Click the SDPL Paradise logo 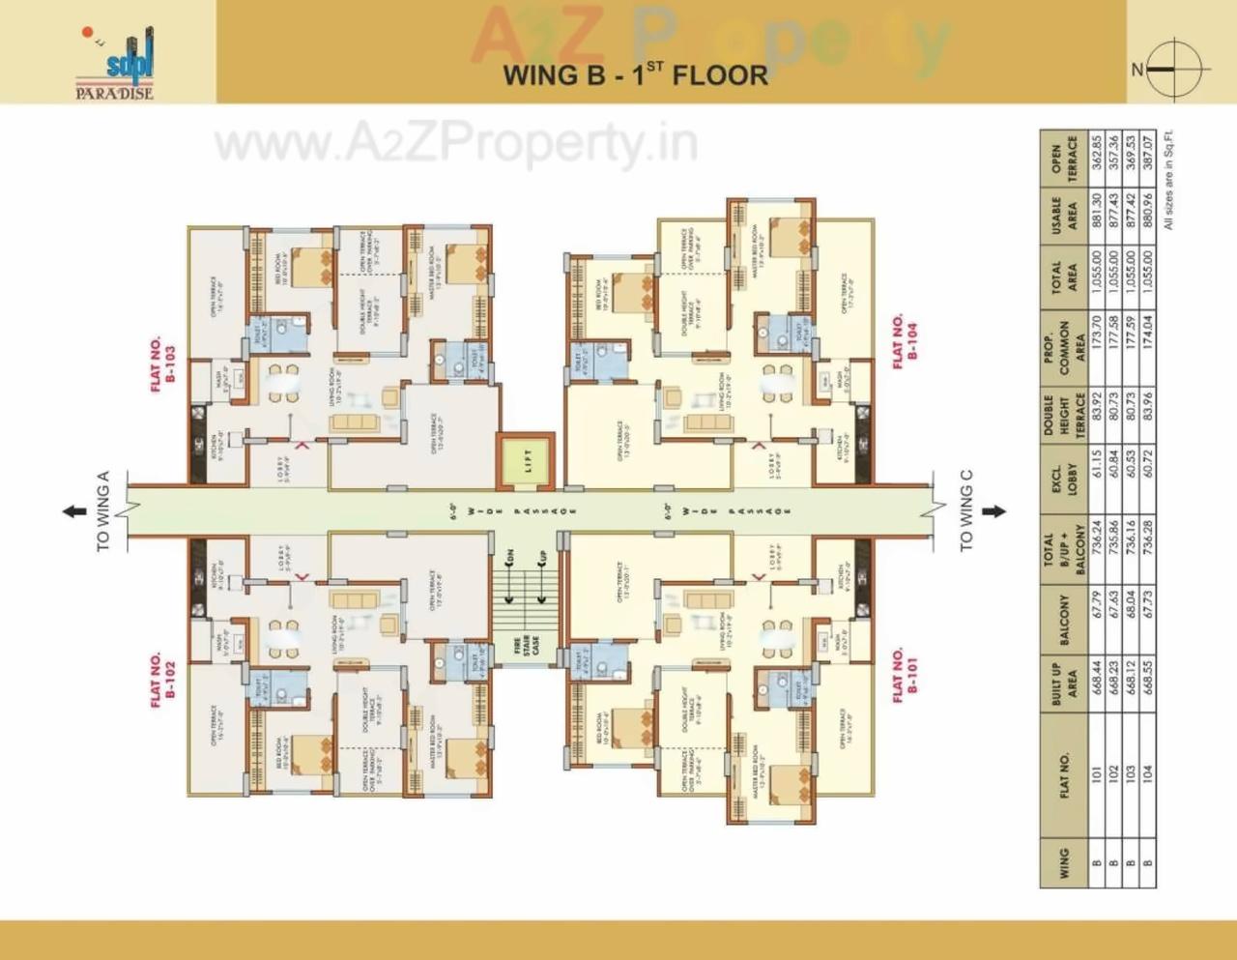click(116, 64)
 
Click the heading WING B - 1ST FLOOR click(635, 74)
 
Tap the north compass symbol click(1174, 70)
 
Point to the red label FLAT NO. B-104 click(905, 339)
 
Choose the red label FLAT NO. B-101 click(905, 674)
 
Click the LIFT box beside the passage click(528, 462)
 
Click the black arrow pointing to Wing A click(74, 511)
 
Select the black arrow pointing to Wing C click(994, 511)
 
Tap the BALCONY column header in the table click(1064, 620)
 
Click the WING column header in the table click(1064, 863)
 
